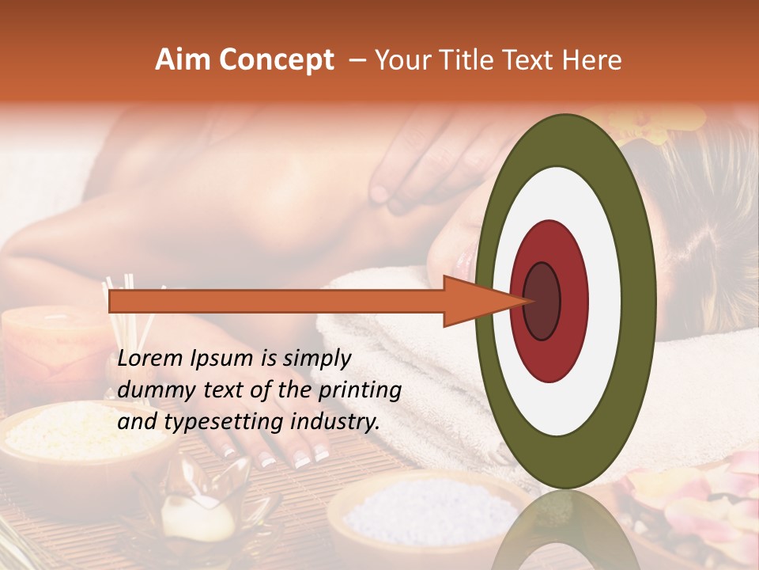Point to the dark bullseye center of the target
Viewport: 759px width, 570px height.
(542, 301)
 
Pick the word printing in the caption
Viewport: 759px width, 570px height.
(361, 391)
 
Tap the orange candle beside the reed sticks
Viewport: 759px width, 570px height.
(47, 348)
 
